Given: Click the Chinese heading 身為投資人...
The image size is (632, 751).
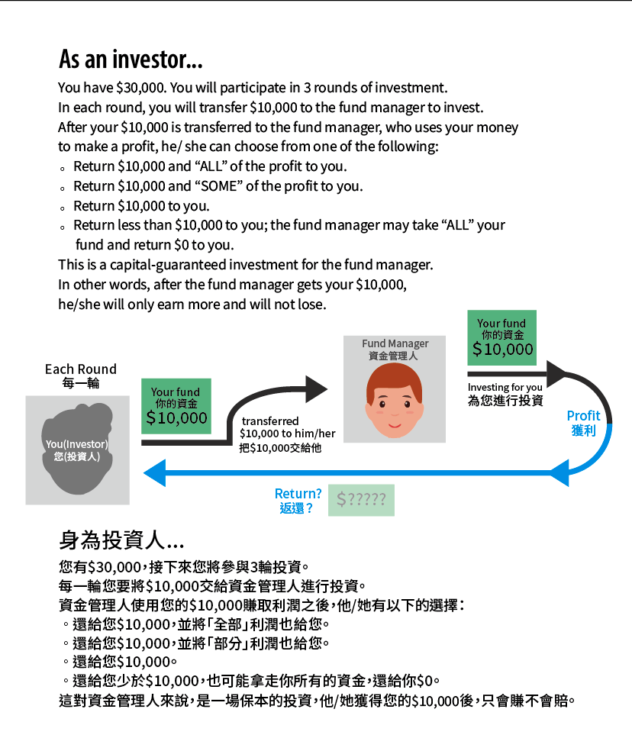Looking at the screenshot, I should coord(121,540).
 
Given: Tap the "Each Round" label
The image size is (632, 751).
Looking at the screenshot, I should coord(81,369).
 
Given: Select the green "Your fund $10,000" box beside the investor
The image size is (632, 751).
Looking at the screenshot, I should coord(176,406).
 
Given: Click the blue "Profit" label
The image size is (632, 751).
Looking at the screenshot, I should coord(583,416).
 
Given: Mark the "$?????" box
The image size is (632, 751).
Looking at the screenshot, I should coord(361,500).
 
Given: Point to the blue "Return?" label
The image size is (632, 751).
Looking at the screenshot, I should coord(298,494).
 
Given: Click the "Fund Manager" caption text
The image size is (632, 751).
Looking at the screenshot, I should coord(395,344).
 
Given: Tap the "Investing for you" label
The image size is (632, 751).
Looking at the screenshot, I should coord(505,388).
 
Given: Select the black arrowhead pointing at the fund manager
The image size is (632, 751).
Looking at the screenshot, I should coord(315,389).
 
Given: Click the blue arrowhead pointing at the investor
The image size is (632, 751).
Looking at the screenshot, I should coord(155,473).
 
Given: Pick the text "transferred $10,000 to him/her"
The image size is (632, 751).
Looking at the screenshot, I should coord(287,427).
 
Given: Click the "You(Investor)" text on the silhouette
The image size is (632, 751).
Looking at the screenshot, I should coord(76,444).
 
